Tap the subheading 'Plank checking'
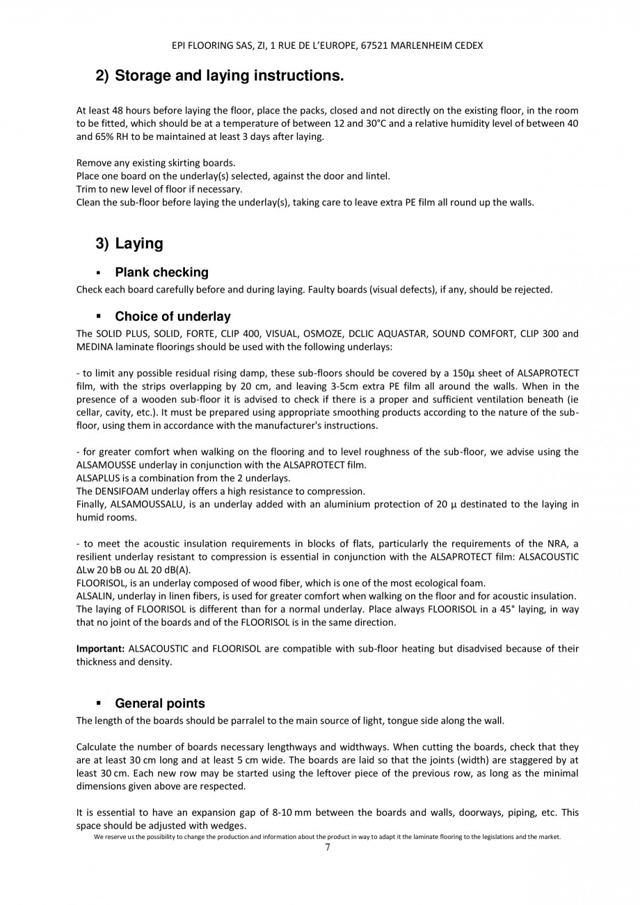click(161, 272)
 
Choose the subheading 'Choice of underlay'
click(173, 317)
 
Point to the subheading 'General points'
click(160, 703)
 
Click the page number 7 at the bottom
click(328, 847)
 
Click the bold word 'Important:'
click(100, 649)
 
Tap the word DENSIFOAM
click(119, 491)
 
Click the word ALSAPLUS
click(98, 478)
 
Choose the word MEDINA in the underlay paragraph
click(93, 346)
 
